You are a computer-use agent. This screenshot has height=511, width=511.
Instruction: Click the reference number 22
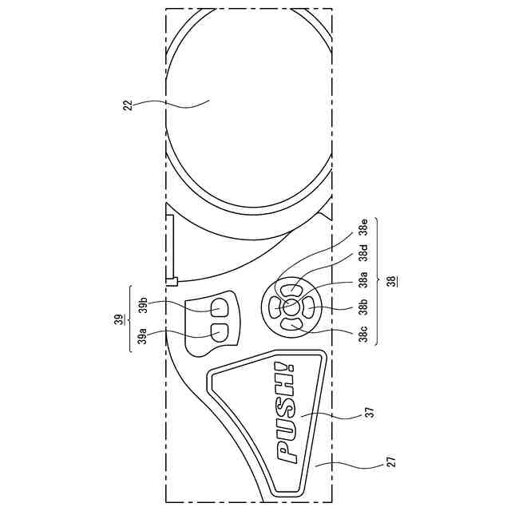coord(128,105)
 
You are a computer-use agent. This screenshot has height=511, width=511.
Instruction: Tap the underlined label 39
coord(120,319)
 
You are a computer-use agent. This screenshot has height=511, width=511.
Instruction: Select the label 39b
coord(143,305)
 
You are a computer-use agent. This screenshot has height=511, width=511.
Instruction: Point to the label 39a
coord(142,336)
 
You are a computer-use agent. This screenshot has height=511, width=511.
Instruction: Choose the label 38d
coord(363,253)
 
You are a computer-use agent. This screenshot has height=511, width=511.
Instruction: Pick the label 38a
coord(363,279)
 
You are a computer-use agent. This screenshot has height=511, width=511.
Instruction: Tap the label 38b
coord(363,307)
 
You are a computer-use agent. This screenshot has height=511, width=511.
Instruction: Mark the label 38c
coord(363,334)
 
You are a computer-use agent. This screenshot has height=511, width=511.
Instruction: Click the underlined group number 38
coord(391,281)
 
